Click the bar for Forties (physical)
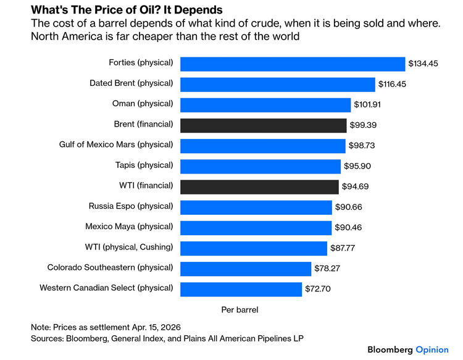(293, 63)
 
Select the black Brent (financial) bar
(263, 125)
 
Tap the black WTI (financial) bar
(259, 186)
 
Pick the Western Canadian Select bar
(241, 288)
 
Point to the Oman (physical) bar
(265, 104)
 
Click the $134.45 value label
(423, 63)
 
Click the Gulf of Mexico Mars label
(119, 144)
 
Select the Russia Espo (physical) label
(131, 206)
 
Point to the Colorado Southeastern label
(111, 267)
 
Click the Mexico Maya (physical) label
(128, 226)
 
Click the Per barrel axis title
(240, 309)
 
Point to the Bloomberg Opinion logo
(408, 350)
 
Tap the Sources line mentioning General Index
(167, 338)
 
